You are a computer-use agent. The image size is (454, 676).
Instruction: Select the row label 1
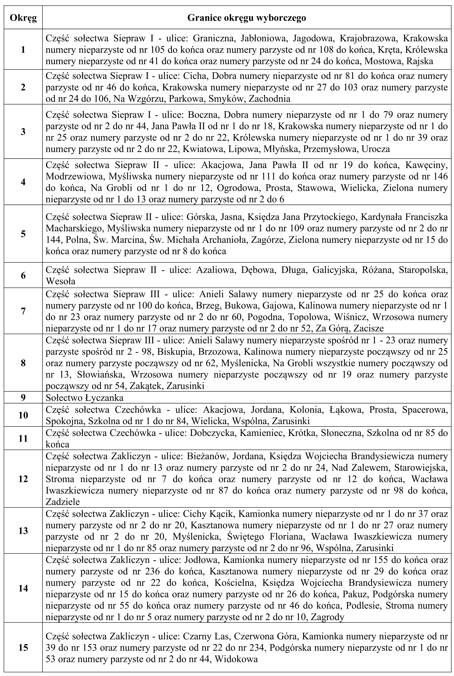click(x=23, y=50)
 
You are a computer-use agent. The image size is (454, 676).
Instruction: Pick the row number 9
click(x=23, y=397)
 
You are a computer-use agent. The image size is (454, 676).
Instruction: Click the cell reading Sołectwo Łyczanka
click(x=84, y=397)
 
